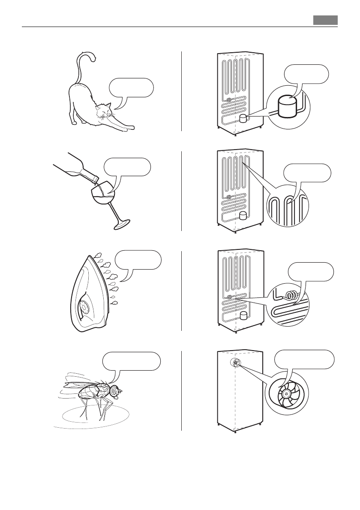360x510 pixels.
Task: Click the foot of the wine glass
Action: point(120,224)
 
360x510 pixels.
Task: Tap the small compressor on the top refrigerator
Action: point(244,118)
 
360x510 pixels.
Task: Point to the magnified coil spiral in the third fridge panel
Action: point(293,295)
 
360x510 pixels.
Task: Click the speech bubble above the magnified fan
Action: point(304,359)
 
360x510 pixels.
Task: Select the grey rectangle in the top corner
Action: point(325,20)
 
